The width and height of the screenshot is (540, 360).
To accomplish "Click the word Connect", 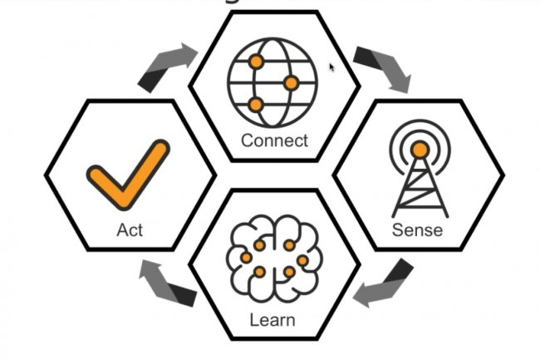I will (x=274, y=141).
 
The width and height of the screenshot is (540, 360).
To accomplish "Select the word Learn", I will (x=272, y=319).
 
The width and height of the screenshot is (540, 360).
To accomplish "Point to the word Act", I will (x=130, y=229).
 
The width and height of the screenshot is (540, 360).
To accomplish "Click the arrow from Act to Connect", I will (x=167, y=67).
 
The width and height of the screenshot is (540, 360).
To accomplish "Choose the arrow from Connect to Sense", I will (x=381, y=68).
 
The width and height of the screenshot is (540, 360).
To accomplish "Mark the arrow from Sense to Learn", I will (x=381, y=282).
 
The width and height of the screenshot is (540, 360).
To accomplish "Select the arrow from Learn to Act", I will (x=167, y=283).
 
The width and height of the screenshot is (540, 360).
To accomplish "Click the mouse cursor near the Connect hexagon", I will (x=332, y=67).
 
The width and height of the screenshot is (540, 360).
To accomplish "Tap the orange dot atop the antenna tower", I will (x=420, y=150).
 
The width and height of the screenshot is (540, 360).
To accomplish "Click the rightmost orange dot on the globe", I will (x=291, y=83).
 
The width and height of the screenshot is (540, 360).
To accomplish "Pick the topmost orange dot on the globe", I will (x=256, y=62).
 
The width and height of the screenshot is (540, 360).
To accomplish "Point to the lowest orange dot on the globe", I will (x=255, y=105).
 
